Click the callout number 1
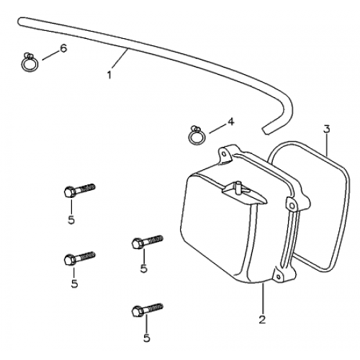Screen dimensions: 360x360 tap(109, 75)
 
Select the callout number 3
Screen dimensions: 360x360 tap(327, 129)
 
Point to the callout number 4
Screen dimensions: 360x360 tap(230, 122)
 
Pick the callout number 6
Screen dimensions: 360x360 tap(63, 48)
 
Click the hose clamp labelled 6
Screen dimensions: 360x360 tap(30, 63)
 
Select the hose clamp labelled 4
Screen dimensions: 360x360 tap(197, 135)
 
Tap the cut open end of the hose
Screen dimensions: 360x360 tap(264, 130)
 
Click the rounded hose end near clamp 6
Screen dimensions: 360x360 tap(20, 21)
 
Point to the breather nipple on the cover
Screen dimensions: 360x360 tap(238, 187)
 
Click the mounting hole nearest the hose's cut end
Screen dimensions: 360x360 tap(224, 153)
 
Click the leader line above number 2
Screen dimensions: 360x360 tap(263, 298)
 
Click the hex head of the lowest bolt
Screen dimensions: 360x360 tap(138, 312)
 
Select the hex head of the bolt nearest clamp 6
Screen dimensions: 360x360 tap(70, 192)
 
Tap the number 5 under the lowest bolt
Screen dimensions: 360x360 tap(146, 338)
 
